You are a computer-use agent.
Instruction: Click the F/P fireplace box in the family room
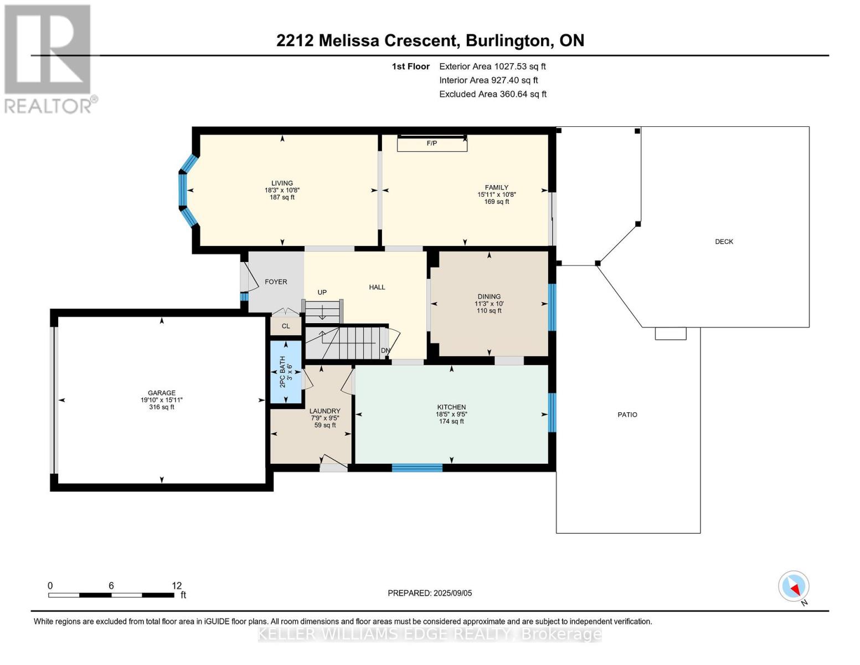coord(432,144)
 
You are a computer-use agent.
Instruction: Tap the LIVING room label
coord(282,183)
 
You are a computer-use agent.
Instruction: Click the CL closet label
coord(286,326)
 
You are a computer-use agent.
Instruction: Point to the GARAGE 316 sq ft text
coord(161,407)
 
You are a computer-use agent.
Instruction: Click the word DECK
coord(724,242)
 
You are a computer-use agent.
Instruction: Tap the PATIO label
coord(627,415)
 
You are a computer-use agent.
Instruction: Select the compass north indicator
coord(794,586)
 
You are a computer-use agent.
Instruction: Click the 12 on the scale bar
coord(177,586)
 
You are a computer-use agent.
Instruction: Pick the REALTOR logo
coord(48,59)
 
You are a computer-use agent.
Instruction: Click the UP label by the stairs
coord(322,293)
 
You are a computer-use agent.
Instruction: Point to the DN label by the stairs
coord(385,351)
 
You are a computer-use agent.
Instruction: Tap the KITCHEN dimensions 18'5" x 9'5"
coord(451,414)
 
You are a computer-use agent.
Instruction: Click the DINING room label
coord(489,296)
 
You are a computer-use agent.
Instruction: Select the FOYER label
coord(276,282)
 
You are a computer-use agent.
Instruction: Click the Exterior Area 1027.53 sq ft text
coord(492,66)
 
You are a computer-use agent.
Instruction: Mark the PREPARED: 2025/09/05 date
coord(430,593)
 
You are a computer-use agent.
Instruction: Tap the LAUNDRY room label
coord(325,411)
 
